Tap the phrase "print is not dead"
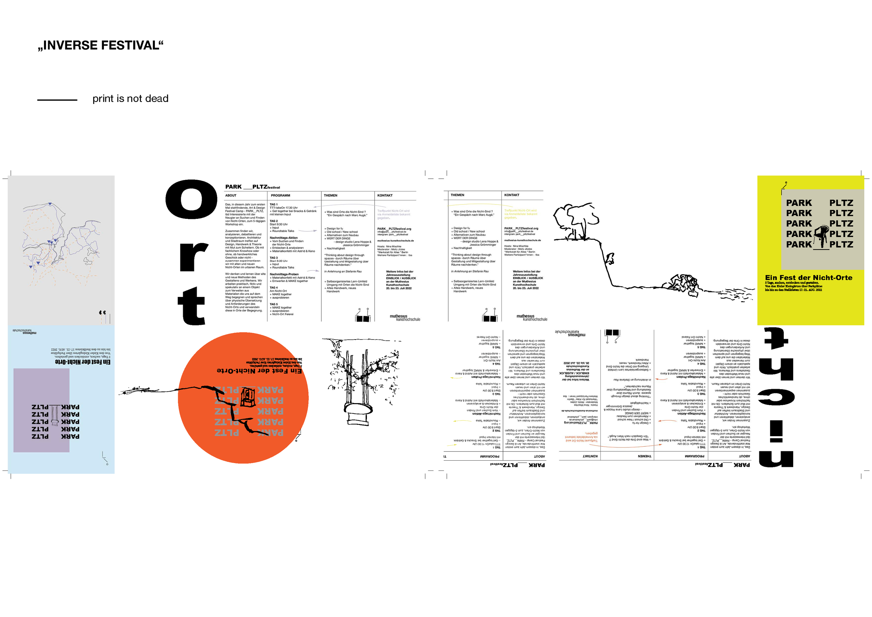(x=130, y=99)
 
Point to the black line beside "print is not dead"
(x=57, y=100)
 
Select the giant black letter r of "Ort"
(x=193, y=257)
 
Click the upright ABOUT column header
(x=231, y=196)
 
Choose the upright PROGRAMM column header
(x=280, y=196)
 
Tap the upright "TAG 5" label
(x=274, y=304)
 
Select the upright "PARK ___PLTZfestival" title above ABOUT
(x=252, y=187)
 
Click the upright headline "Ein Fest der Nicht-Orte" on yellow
(x=809, y=278)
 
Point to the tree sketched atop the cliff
(x=576, y=220)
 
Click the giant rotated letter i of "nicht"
(x=776, y=431)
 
